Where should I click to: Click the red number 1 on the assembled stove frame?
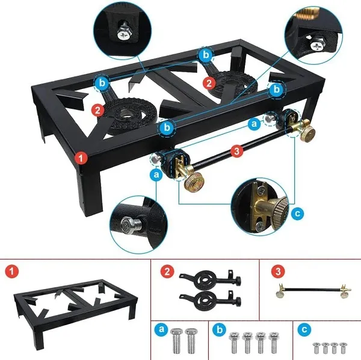[81, 158]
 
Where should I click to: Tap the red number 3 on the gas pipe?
[236, 151]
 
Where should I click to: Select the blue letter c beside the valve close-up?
[297, 213]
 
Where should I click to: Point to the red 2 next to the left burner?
[98, 110]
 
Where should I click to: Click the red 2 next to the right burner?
[209, 83]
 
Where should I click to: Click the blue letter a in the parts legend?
[162, 329]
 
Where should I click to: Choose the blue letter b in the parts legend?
[220, 329]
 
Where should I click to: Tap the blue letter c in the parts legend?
[304, 329]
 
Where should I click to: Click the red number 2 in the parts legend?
[167, 272]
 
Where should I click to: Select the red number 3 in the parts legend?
[278, 272]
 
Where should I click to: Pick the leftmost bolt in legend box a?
[176, 341]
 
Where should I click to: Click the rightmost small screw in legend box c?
[343, 348]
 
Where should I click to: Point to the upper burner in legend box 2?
[210, 279]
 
